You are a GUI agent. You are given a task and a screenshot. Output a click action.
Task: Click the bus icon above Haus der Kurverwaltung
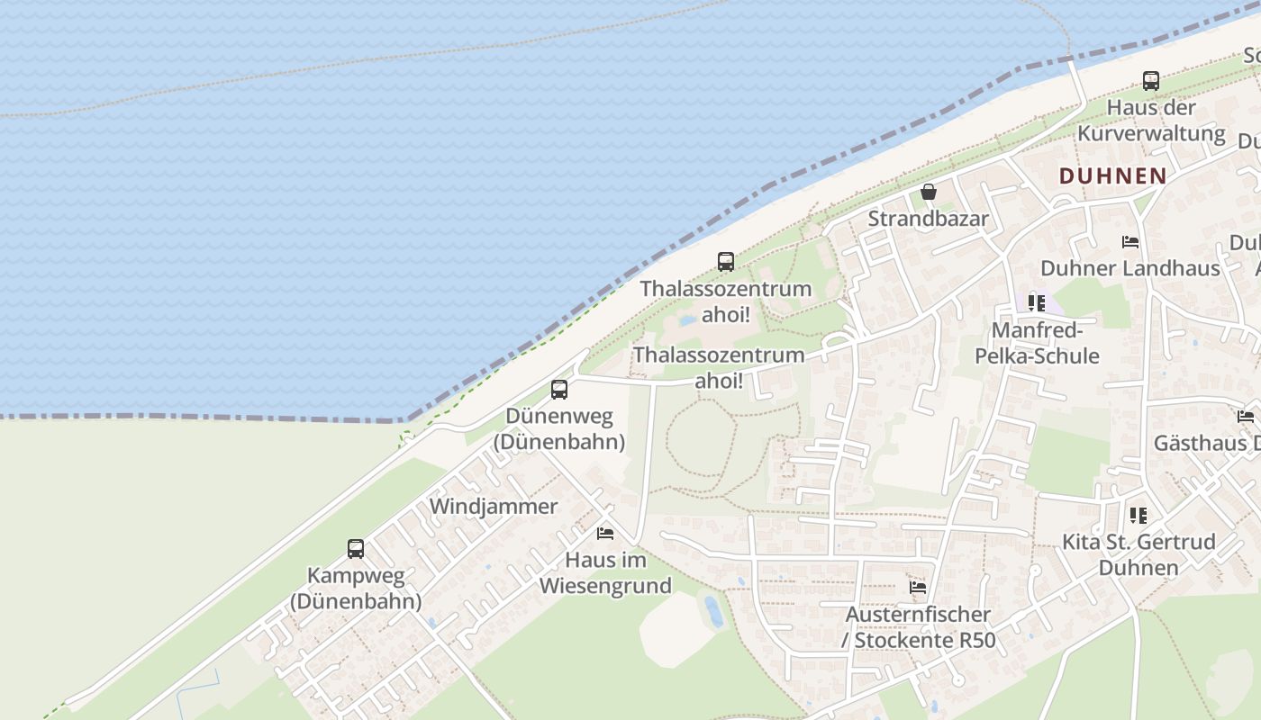tap(1151, 81)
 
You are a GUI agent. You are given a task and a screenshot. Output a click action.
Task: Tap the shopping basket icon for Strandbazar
tap(929, 192)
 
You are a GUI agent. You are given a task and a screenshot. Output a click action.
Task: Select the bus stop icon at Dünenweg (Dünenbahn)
tap(559, 390)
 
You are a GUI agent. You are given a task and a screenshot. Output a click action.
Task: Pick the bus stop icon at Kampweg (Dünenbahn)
tap(356, 549)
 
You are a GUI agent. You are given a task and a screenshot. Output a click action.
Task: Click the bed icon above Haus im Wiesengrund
tap(605, 534)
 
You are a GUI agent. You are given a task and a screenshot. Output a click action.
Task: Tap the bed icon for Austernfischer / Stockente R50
tap(918, 588)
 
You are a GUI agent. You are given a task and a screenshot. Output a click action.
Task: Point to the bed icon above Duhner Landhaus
tap(1130, 242)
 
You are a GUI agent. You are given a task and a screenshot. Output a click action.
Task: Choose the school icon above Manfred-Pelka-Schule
tap(1037, 303)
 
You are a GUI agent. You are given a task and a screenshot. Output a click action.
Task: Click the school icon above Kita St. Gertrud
tap(1139, 516)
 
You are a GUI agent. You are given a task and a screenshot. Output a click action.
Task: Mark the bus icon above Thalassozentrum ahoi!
tap(726, 262)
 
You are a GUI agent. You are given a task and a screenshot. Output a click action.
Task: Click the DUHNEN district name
tap(1113, 175)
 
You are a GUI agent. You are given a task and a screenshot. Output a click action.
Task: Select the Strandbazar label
tap(929, 219)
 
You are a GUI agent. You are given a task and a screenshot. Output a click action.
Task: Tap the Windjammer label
tap(494, 506)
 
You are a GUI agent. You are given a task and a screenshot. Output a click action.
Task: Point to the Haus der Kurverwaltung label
tap(1151, 121)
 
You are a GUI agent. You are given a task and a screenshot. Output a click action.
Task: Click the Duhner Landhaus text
tap(1130, 268)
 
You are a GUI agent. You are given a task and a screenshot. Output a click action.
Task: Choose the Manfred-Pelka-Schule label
tap(1037, 343)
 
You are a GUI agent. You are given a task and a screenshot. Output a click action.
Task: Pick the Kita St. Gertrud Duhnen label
tap(1139, 554)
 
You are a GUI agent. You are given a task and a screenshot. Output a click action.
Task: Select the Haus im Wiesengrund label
tap(605, 572)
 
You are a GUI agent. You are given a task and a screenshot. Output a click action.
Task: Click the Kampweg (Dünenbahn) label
tap(356, 588)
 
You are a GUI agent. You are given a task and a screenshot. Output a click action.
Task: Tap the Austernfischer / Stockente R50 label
tap(918, 627)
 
